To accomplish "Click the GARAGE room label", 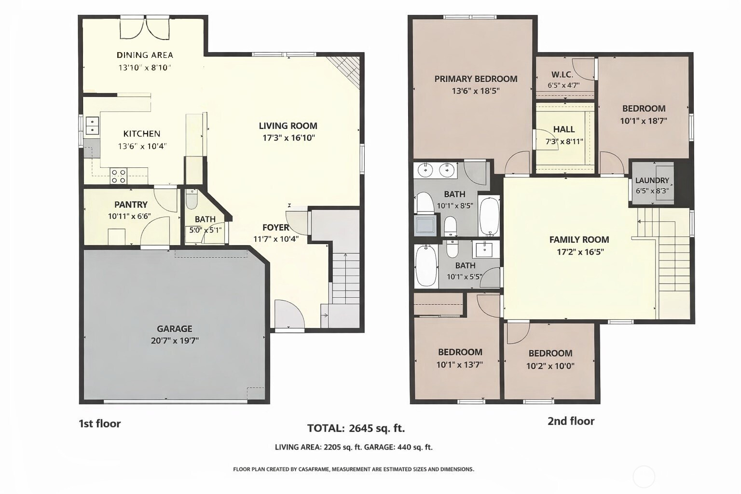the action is click(x=174, y=329).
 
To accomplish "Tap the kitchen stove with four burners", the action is click(x=118, y=176).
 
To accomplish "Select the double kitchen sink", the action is click(x=92, y=126).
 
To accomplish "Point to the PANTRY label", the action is click(x=131, y=205).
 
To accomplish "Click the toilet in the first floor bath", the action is click(x=191, y=200).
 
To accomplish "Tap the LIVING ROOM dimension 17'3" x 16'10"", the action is click(x=288, y=138).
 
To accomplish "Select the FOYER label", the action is click(x=276, y=228).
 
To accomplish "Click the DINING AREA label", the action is click(x=145, y=55).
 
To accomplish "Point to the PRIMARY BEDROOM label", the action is click(x=476, y=79).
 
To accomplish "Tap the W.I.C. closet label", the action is click(x=563, y=74).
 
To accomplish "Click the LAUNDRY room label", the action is click(x=652, y=180).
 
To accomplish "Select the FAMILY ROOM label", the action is click(x=579, y=240).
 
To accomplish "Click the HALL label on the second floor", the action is click(x=564, y=129).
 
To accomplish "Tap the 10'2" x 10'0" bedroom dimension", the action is click(x=550, y=366).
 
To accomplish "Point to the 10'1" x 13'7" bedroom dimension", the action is click(x=460, y=365).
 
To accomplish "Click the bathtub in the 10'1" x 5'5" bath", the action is click(x=426, y=266).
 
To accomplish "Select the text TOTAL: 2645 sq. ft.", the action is click(x=357, y=428).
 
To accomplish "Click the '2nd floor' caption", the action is click(x=571, y=421).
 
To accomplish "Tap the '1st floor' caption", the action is click(x=100, y=424).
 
